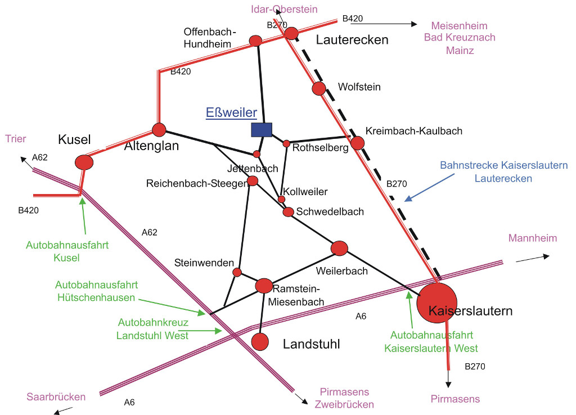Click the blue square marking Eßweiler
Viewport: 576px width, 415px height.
tap(262, 130)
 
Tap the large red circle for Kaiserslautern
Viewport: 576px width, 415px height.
tap(437, 303)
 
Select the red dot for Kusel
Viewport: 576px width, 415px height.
tap(84, 162)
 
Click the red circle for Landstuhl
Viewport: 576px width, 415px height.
tap(260, 341)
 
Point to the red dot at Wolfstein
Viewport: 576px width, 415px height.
tap(319, 88)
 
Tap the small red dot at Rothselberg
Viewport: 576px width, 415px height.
tap(286, 143)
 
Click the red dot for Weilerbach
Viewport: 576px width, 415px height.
tap(340, 247)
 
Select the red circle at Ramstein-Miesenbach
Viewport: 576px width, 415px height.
tap(264, 286)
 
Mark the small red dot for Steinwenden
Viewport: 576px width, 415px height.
tap(237, 272)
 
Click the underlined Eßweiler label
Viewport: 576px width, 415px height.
tap(232, 112)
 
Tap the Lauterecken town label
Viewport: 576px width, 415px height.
tap(352, 40)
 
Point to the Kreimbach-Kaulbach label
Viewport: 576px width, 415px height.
tap(413, 131)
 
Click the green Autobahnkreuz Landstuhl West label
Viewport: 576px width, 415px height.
tap(153, 329)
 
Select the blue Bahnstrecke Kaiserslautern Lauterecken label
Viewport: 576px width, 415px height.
tap(504, 172)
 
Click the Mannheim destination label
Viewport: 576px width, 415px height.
tap(533, 238)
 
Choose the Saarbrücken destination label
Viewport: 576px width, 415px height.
tap(56, 397)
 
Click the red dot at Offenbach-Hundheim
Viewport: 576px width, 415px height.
tap(256, 40)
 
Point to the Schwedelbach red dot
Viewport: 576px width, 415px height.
tap(289, 212)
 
